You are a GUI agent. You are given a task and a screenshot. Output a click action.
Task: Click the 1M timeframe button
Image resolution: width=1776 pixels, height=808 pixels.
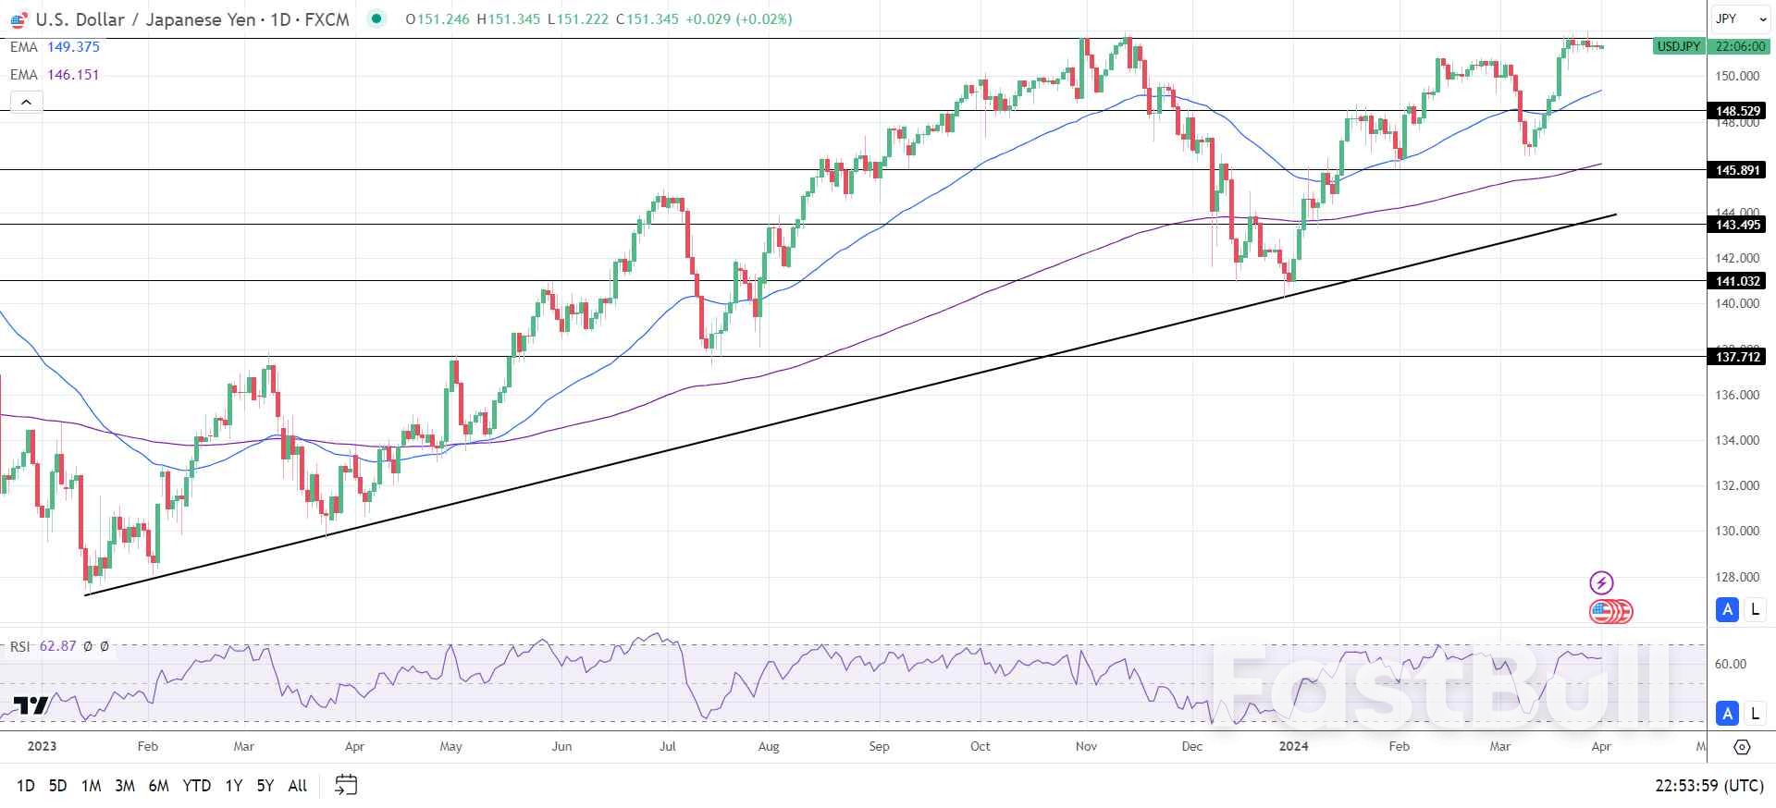tap(91, 786)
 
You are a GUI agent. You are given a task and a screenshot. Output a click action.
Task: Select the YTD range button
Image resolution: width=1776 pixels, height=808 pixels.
tap(196, 786)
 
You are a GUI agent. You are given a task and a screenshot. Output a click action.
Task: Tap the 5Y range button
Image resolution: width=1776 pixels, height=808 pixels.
tap(265, 786)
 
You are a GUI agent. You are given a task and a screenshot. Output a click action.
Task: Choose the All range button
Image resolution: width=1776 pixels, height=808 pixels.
tap(297, 786)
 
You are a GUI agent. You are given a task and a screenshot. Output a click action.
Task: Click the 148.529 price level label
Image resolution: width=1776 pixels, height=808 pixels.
tap(1737, 111)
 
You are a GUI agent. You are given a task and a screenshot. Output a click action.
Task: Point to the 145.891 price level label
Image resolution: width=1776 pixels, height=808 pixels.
tap(1737, 170)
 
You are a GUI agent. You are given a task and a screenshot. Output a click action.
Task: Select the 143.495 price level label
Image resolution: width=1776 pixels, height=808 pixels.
tap(1737, 225)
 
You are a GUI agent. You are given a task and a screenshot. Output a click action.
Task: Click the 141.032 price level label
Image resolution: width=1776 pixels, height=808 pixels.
tap(1737, 281)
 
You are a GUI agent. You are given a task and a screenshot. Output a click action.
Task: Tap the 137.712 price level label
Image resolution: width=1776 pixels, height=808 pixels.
tap(1737, 357)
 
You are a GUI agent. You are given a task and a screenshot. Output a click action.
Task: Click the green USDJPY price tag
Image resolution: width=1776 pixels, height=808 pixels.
tap(1678, 46)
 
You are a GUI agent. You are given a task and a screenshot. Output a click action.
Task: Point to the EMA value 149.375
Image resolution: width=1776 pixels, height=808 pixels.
tap(73, 47)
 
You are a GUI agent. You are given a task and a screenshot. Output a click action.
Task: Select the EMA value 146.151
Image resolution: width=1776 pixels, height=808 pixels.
tap(73, 75)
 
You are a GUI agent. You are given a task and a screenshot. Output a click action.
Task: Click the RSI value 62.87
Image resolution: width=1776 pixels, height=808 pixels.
tap(57, 646)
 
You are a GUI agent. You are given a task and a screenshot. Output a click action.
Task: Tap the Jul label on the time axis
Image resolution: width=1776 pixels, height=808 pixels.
tap(668, 746)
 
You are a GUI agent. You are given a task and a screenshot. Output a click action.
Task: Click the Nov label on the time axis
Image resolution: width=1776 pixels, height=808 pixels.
tap(1086, 746)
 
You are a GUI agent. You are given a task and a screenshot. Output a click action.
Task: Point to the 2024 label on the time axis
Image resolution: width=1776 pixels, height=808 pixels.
tap(1293, 746)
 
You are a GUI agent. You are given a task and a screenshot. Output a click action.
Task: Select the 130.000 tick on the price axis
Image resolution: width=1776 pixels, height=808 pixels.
tap(1737, 532)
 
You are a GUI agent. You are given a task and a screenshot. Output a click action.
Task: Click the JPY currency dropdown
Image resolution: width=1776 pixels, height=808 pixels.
tap(1736, 18)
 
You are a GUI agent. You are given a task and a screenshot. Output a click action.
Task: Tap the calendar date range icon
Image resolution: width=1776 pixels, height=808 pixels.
tap(346, 785)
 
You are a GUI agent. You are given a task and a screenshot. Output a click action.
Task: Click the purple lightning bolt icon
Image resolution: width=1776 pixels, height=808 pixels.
tap(1601, 582)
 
